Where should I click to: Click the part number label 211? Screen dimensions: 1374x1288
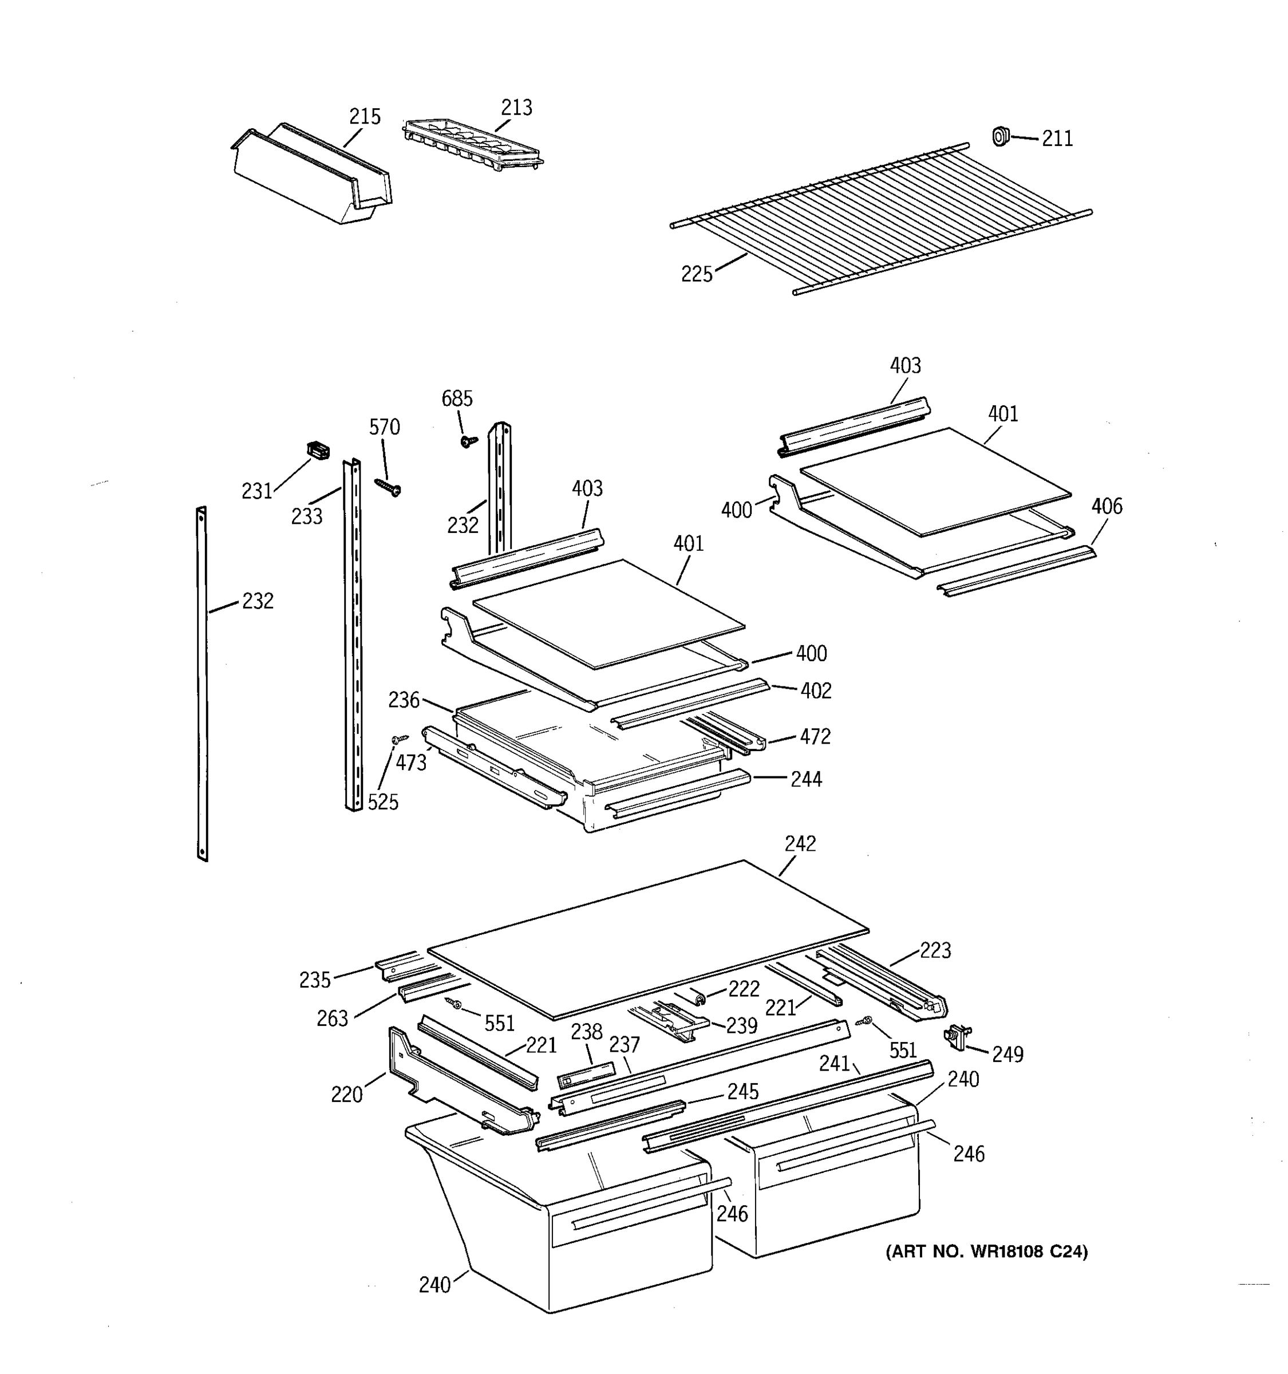[1057, 139]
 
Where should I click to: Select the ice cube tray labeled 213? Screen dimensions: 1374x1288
[473, 143]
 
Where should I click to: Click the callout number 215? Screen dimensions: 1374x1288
[364, 116]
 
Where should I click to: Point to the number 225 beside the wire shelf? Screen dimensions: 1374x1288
[696, 274]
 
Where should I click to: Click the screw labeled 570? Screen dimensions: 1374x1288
[388, 487]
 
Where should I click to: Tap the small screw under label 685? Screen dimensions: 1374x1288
[469, 440]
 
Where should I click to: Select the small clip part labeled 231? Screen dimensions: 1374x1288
[317, 451]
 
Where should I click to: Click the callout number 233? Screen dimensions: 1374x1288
[306, 516]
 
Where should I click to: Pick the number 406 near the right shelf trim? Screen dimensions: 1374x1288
[1107, 506]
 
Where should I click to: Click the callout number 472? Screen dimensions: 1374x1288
[815, 737]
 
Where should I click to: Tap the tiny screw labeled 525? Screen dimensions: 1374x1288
[397, 740]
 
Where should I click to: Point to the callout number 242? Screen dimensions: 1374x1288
[800, 843]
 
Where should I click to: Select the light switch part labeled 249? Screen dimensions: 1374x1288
[957, 1037]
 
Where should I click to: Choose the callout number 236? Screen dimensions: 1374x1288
[404, 700]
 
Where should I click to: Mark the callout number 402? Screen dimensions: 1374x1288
[815, 690]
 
